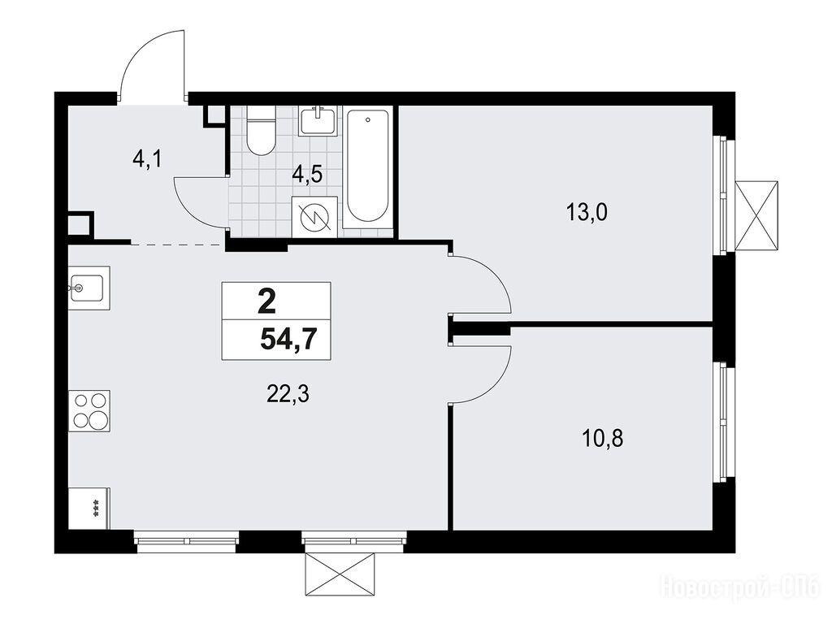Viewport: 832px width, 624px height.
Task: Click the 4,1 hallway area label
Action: [146, 158]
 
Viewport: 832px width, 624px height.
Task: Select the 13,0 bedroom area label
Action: [587, 213]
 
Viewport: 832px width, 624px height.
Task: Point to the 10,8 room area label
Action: [603, 438]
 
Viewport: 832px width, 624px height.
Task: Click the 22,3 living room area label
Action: [288, 394]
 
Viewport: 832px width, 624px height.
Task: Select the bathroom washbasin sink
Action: [318, 121]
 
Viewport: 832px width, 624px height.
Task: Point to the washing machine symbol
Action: [315, 216]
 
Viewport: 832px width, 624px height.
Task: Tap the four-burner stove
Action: [89, 410]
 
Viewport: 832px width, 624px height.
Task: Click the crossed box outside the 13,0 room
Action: [756, 214]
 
